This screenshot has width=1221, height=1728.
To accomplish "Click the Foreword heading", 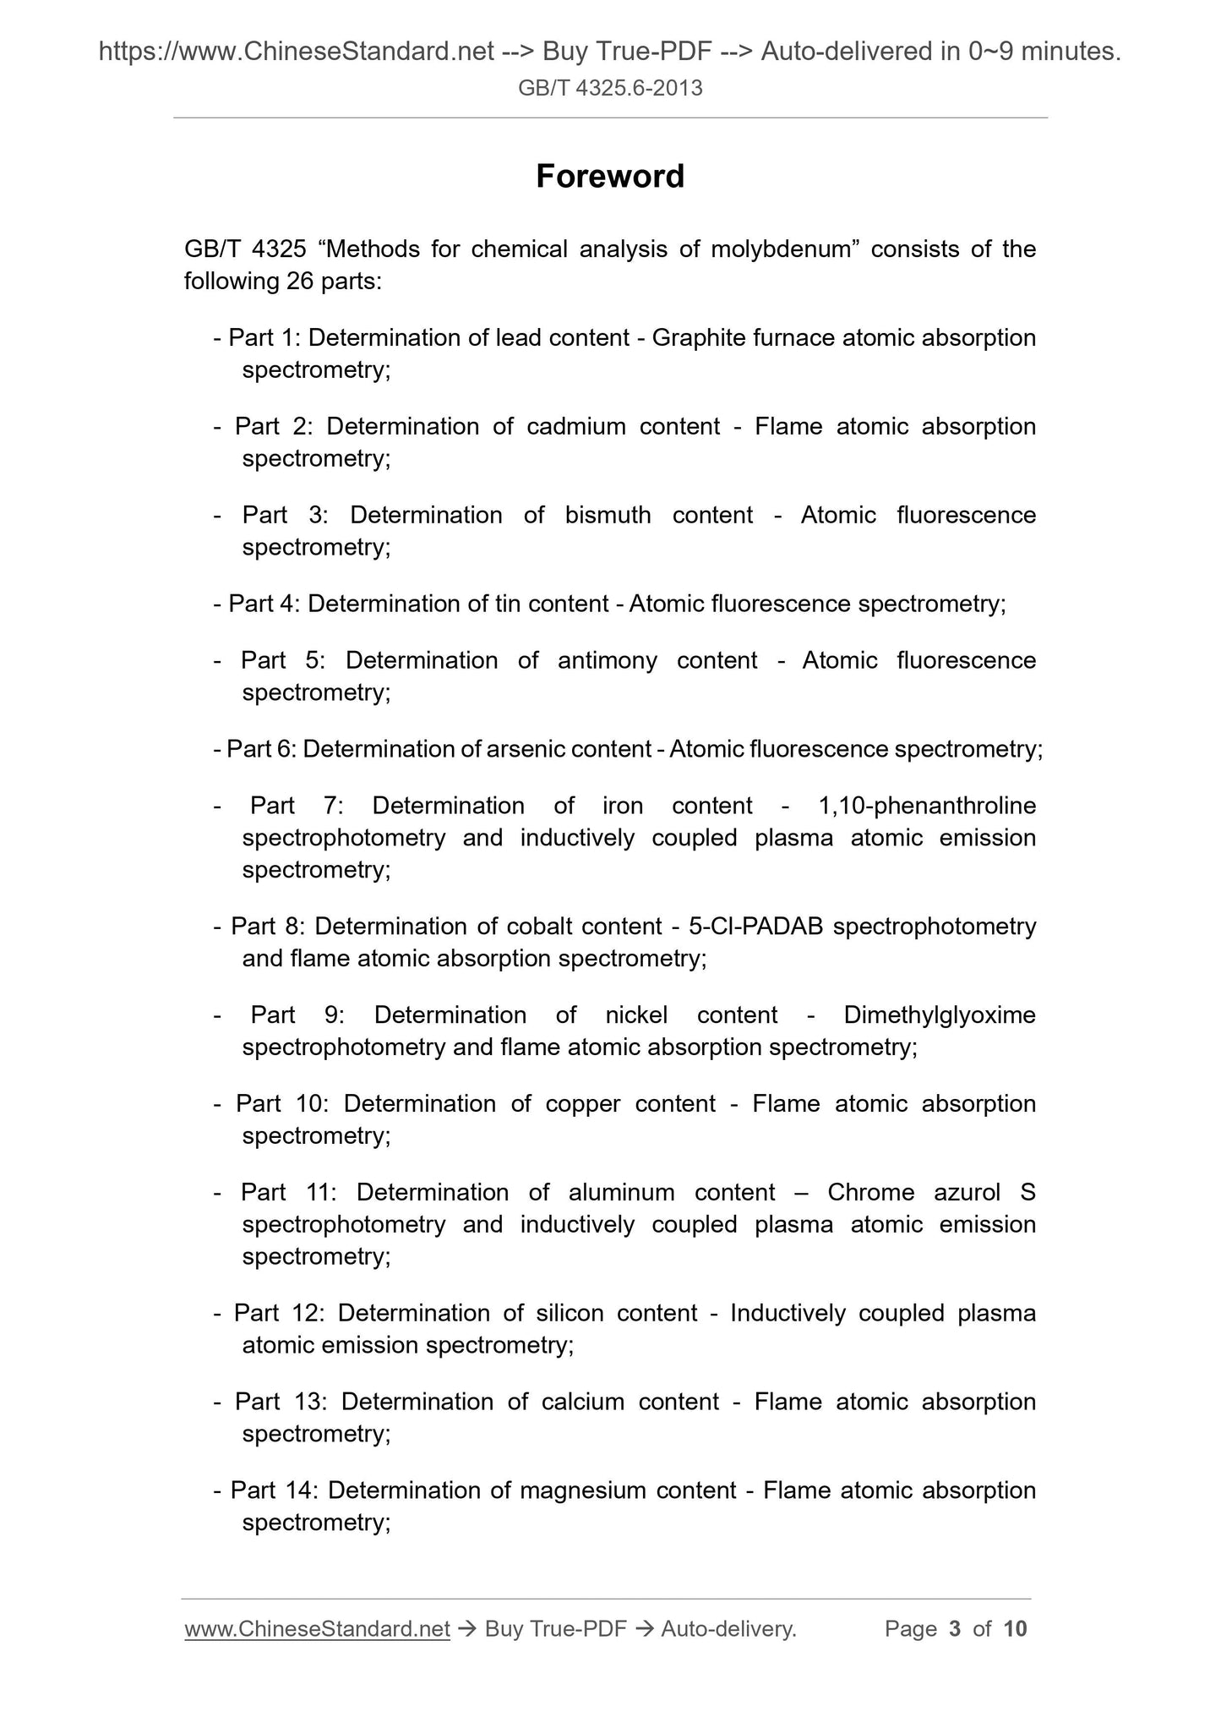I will click(610, 176).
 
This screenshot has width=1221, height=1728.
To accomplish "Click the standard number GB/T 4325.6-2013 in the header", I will click(610, 88).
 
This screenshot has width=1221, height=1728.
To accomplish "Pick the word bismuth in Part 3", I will click(608, 515).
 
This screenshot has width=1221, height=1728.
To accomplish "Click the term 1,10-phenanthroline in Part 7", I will click(927, 806).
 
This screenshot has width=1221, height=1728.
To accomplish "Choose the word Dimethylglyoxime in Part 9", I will click(940, 1014).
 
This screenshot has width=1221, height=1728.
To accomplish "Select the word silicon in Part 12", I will click(570, 1313).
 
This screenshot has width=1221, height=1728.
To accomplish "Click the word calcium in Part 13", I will click(577, 1402).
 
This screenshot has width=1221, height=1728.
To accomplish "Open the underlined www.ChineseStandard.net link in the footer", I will click(317, 1629).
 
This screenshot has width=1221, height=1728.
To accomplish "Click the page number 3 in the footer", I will click(955, 1629).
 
